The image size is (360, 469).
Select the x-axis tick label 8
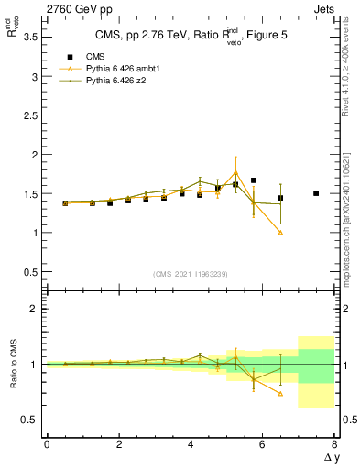click(x=334, y=443)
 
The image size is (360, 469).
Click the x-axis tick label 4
click(x=191, y=443)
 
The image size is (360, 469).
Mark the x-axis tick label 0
click(x=47, y=443)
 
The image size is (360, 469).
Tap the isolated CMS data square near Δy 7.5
click(x=316, y=193)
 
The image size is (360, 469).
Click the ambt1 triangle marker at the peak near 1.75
click(x=235, y=172)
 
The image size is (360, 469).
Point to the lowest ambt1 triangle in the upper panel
click(x=280, y=232)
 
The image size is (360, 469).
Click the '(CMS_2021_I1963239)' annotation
click(x=190, y=274)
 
